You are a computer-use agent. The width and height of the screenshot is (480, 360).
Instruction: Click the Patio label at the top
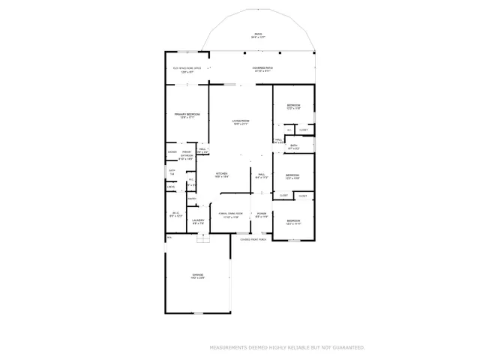(258, 35)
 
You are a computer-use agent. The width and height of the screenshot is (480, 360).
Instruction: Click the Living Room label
(240, 121)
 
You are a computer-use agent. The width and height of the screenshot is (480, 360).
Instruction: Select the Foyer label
(261, 214)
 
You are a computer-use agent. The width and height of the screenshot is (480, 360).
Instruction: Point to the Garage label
(198, 276)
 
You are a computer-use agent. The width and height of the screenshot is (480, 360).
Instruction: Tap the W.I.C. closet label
(175, 214)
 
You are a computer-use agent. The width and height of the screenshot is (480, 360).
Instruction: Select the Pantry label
(192, 199)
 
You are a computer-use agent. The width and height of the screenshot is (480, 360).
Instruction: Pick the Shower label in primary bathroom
(172, 152)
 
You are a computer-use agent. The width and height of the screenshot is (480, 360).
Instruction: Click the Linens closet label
(171, 187)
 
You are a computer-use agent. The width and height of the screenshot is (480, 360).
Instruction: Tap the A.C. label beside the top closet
(289, 130)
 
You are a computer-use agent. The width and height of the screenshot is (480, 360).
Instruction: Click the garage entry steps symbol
(201, 239)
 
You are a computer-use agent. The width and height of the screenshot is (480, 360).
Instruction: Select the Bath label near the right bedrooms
(294, 147)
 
